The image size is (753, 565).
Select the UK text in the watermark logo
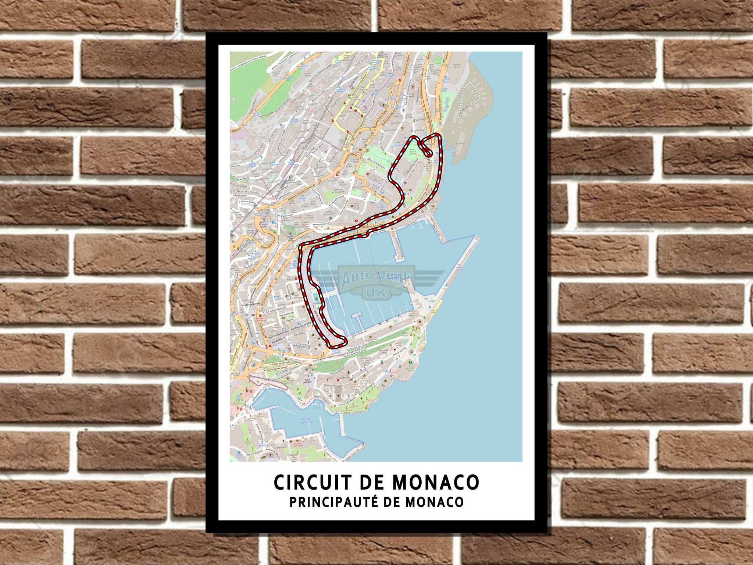coord(376,292)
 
